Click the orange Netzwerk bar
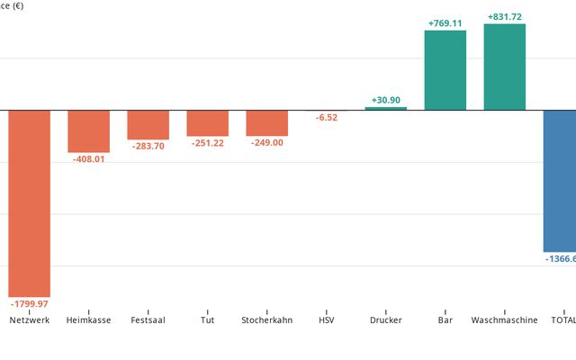coord(29,202)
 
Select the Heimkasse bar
coord(88,130)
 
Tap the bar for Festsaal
coord(148,124)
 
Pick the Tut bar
coord(207,122)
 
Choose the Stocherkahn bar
coord(266,122)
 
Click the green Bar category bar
coord(445,70)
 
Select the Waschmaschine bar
coord(504,67)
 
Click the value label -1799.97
coord(29,304)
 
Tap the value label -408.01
coord(88,159)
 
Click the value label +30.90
coord(386,100)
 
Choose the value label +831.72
coord(504,17)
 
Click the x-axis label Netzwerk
coord(29,320)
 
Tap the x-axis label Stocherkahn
coord(266,320)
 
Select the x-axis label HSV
coord(326,320)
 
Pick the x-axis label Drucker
coord(385,320)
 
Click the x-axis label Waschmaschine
coord(504,320)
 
